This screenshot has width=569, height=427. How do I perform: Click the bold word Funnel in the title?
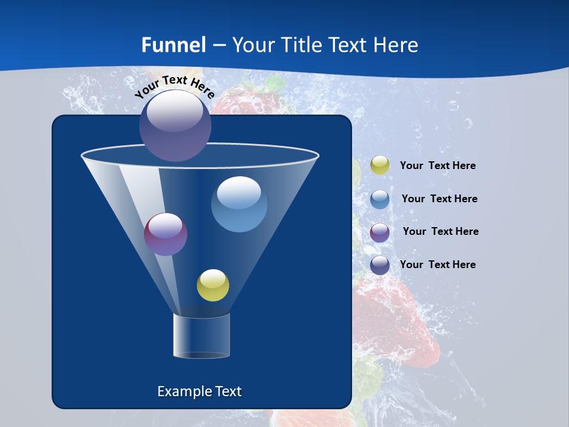tap(174, 45)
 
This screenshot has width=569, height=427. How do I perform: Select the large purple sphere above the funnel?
tap(175, 125)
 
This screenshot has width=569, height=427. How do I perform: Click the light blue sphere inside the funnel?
tap(239, 204)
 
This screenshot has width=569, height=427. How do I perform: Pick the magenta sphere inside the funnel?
tap(165, 234)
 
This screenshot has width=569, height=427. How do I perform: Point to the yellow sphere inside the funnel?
tap(213, 285)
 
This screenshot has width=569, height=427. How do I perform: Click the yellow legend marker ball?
tap(380, 165)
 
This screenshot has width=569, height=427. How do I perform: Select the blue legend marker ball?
tap(380, 199)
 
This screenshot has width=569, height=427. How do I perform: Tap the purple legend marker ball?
tap(380, 232)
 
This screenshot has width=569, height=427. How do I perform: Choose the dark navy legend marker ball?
tap(380, 265)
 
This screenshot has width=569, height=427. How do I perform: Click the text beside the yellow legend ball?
tap(437, 165)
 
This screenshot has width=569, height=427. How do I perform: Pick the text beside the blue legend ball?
tap(439, 199)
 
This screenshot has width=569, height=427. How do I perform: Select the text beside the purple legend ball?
tap(440, 231)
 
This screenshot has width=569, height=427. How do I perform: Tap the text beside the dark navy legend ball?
tap(437, 265)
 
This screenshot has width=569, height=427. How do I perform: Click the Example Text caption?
tap(199, 391)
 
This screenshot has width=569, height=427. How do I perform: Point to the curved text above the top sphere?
tap(175, 87)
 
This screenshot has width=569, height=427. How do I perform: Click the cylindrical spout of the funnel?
tap(202, 336)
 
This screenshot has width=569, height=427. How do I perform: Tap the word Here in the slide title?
tap(398, 45)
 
